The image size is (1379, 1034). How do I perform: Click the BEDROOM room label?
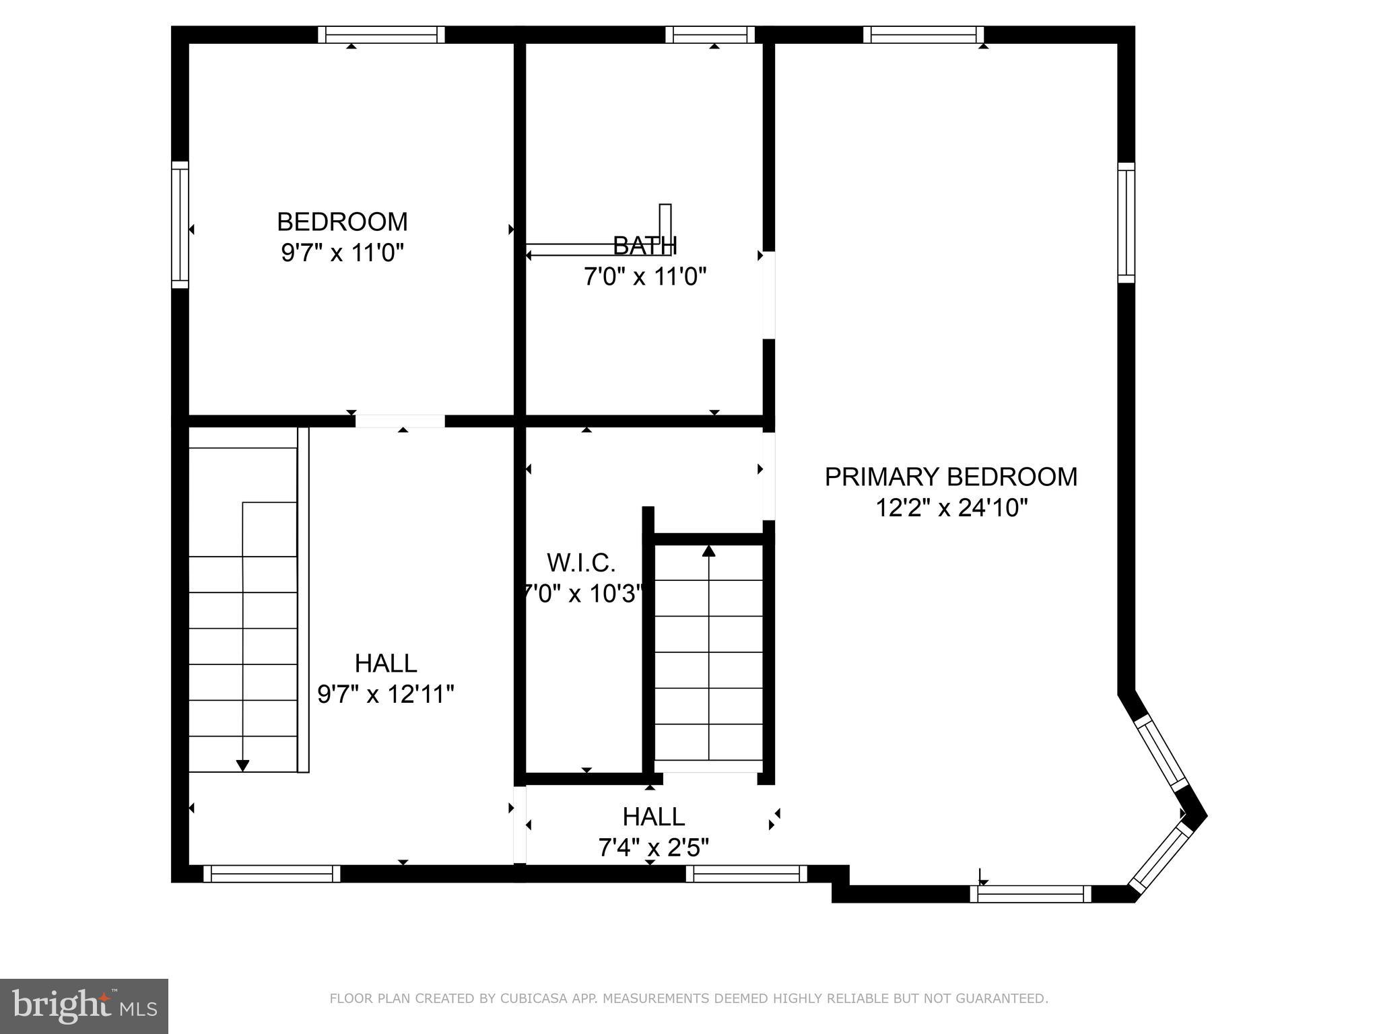pyautogui.click(x=342, y=221)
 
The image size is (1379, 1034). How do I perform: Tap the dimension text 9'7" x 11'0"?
pyautogui.click(x=342, y=253)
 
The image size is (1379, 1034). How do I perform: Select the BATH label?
pyautogui.click(x=644, y=246)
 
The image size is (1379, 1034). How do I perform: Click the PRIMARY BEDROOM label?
pyautogui.click(x=951, y=477)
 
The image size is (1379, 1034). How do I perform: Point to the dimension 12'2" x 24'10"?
pyautogui.click(x=951, y=508)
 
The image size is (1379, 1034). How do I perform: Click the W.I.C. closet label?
pyautogui.click(x=581, y=562)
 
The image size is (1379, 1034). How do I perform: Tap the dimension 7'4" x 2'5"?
pyautogui.click(x=653, y=848)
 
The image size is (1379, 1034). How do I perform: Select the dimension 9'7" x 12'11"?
pyautogui.click(x=386, y=694)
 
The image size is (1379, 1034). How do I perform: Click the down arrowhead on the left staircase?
pyautogui.click(x=243, y=765)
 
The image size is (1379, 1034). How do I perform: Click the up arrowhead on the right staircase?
pyautogui.click(x=708, y=551)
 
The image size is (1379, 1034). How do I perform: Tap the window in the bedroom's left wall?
pyautogui.click(x=180, y=225)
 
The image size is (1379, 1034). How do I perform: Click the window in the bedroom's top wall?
pyautogui.click(x=381, y=35)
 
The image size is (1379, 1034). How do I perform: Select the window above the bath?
pyautogui.click(x=710, y=35)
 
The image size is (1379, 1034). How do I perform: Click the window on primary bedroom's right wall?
pyautogui.click(x=1126, y=223)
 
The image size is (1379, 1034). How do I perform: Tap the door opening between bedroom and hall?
pyautogui.click(x=400, y=421)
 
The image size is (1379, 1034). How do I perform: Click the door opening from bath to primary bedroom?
pyautogui.click(x=768, y=295)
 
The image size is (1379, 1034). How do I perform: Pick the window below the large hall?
pyautogui.click(x=271, y=874)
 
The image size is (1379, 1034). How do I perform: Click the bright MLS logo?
pyautogui.click(x=83, y=1006)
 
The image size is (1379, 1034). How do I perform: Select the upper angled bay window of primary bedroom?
pyautogui.click(x=1161, y=754)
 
